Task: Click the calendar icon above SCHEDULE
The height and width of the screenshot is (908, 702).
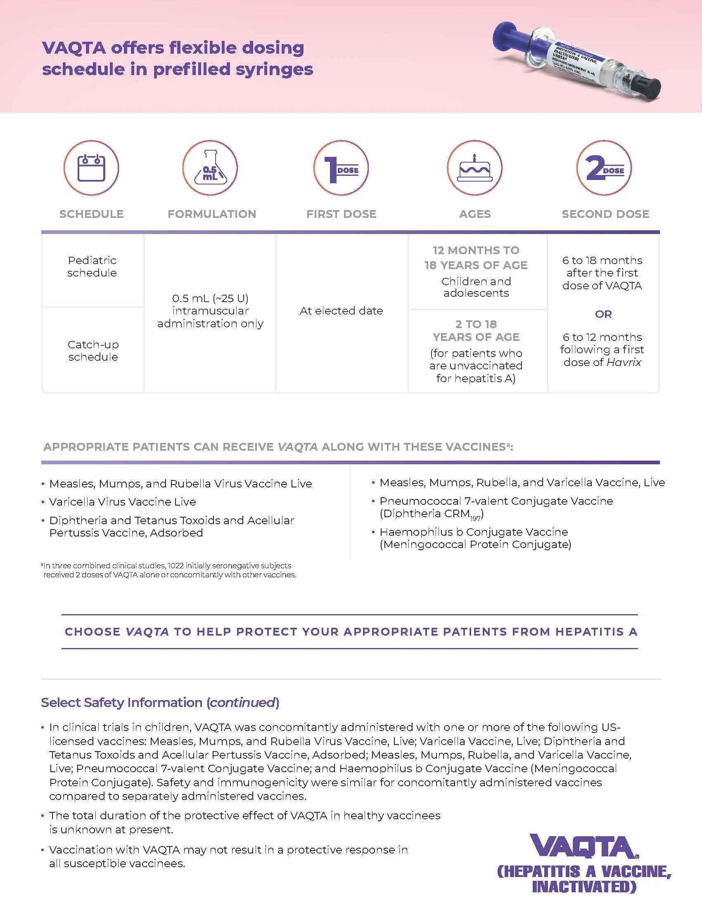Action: (91, 168)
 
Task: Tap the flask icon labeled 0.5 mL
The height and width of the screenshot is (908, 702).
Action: (210, 168)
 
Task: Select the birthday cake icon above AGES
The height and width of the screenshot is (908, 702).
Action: (474, 168)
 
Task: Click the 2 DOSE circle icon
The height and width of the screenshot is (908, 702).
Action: (604, 168)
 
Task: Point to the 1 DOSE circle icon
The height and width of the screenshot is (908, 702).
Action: (341, 168)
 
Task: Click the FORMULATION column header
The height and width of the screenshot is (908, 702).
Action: (212, 214)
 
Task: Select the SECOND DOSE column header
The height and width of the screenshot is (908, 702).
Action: (605, 214)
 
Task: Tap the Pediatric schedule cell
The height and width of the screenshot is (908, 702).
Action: (92, 267)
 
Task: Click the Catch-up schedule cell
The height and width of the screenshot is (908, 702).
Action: (93, 350)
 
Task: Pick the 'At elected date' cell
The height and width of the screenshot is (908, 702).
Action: (341, 310)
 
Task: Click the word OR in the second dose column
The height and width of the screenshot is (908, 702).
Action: (603, 314)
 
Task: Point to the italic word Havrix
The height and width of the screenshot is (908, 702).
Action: (624, 362)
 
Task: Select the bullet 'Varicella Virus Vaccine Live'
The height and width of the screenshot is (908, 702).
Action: (122, 502)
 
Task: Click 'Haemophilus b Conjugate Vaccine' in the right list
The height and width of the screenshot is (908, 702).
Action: (473, 532)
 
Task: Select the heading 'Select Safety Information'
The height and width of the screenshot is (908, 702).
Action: (121, 702)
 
